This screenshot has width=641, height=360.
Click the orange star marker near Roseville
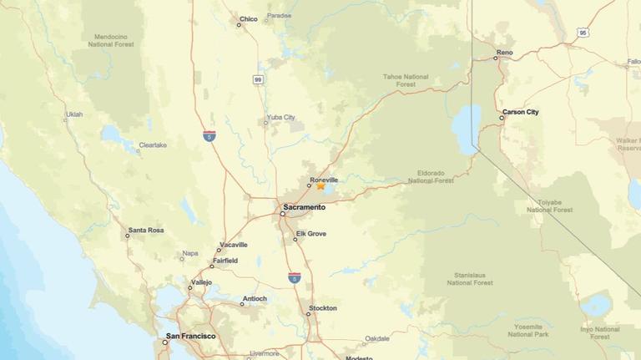(x=320, y=185)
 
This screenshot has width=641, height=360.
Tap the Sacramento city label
(x=304, y=206)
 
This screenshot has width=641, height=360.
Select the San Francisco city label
(x=190, y=337)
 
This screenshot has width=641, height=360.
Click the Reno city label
(x=504, y=53)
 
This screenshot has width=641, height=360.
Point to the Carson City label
(x=520, y=112)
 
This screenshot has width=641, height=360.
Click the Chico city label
(x=249, y=18)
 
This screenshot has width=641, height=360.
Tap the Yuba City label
(x=280, y=117)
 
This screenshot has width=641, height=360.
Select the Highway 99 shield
(x=259, y=79)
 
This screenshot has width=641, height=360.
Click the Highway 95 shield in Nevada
(x=583, y=33)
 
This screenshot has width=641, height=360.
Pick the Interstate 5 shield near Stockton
(x=295, y=277)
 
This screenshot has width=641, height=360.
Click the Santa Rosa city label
(x=145, y=230)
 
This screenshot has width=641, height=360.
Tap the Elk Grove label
(x=310, y=234)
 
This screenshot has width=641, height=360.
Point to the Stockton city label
(x=323, y=308)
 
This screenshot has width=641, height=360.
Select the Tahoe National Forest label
(x=406, y=80)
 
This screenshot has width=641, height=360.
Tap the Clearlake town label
(x=153, y=145)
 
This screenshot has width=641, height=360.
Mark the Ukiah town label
(x=74, y=114)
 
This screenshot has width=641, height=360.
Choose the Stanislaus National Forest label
(x=470, y=278)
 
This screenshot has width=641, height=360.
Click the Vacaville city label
(x=233, y=245)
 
